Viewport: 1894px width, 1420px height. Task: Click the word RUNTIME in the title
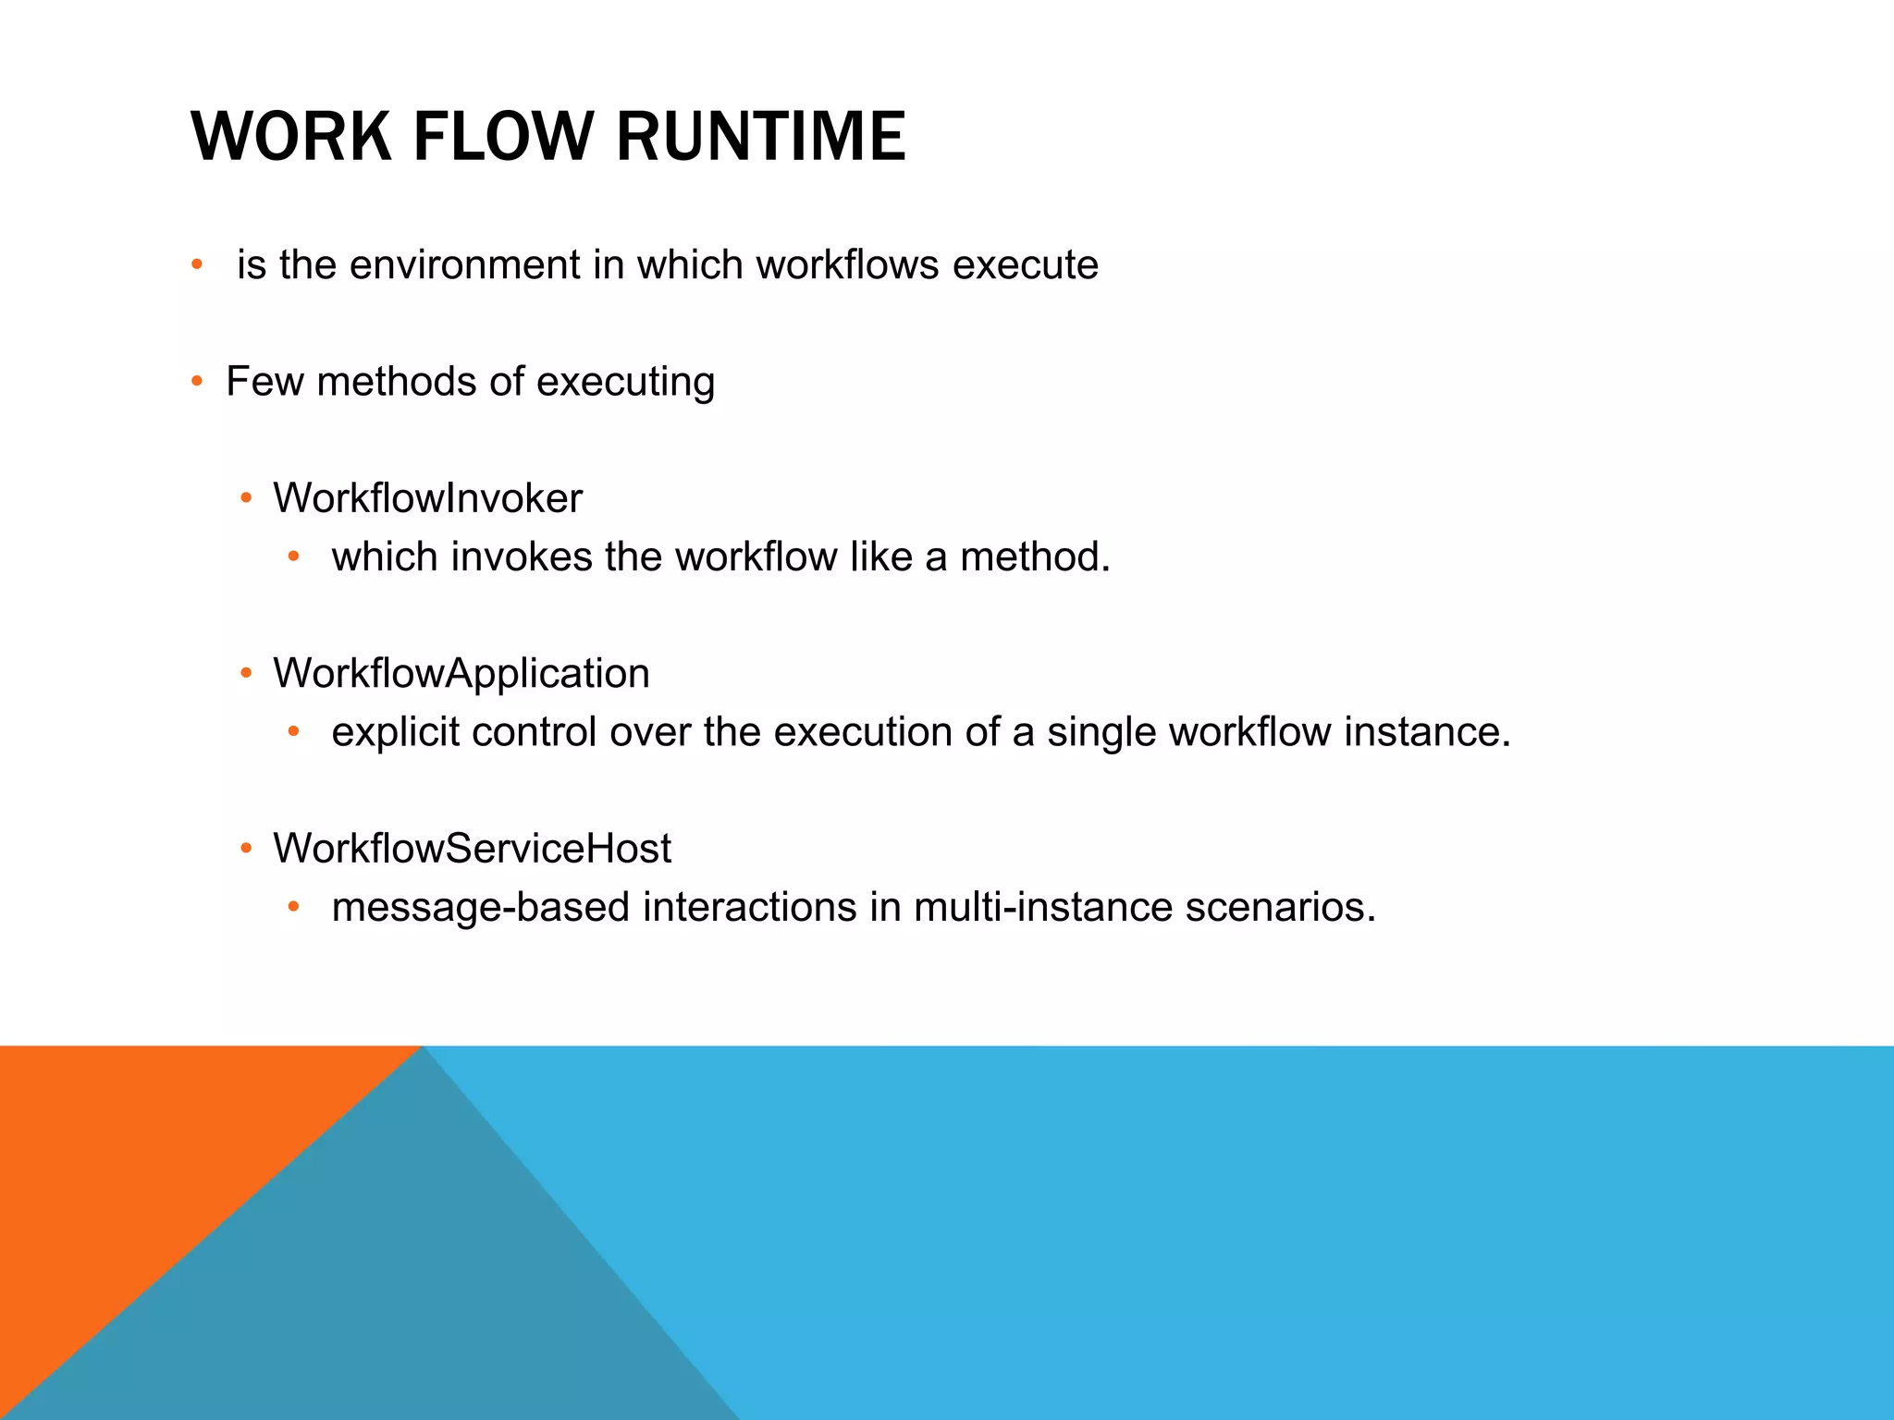(760, 137)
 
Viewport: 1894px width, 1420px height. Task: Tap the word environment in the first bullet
(465, 265)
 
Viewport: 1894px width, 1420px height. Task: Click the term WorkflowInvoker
(427, 498)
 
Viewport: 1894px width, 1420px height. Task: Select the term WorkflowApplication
(461, 674)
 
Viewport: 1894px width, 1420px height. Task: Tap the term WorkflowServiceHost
(472, 849)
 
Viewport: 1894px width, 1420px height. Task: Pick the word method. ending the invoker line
(1034, 557)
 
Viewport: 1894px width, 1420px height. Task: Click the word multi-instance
(1043, 908)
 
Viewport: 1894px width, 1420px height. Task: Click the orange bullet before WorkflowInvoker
(246, 499)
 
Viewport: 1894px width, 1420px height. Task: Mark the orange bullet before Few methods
(197, 382)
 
